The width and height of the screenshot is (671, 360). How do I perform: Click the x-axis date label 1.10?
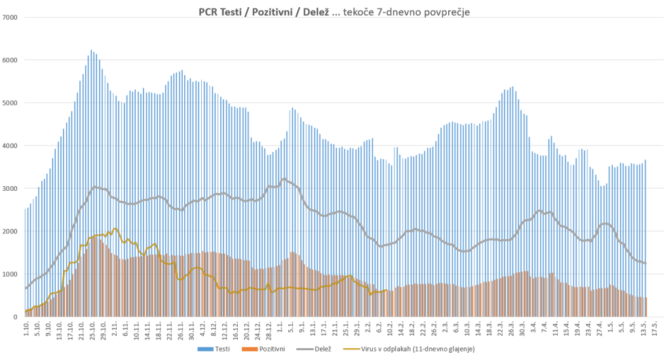pos(26,330)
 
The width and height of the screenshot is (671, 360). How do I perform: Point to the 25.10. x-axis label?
pos(92,331)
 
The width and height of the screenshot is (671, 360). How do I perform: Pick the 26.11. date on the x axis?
pos(180,331)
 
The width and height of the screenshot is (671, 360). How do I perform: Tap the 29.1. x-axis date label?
pos(356,330)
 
